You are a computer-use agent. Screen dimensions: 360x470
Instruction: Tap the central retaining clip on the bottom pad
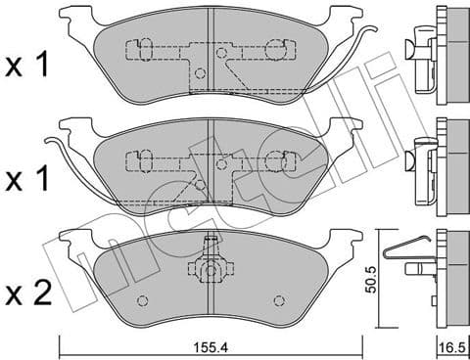pos(208,266)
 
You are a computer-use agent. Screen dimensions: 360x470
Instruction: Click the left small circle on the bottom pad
pos(143,300)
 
